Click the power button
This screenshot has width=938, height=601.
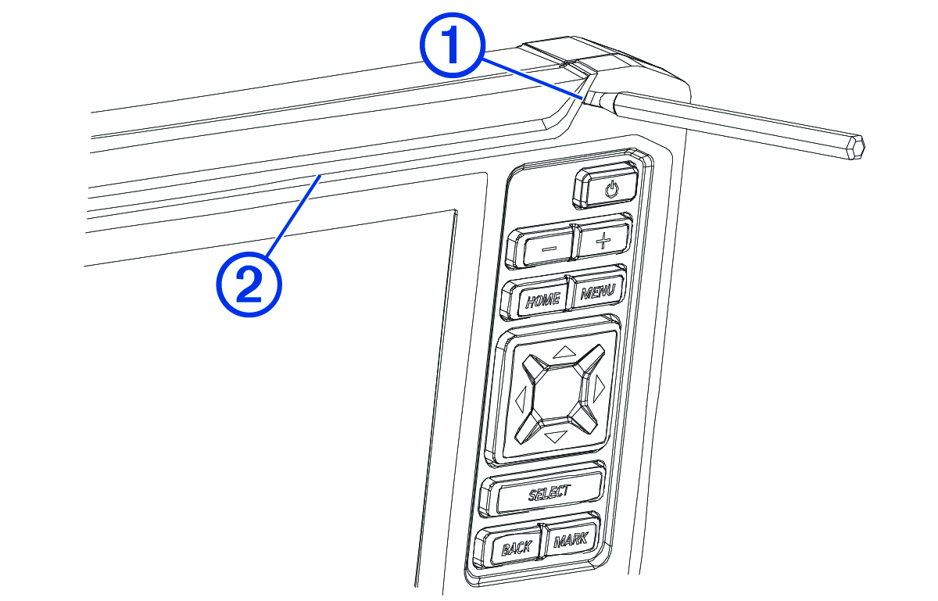click(607, 185)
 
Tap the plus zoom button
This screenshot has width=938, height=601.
click(603, 240)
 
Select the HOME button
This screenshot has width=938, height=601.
click(538, 299)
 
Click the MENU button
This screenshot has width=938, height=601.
click(596, 289)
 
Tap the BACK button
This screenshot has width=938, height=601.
click(510, 546)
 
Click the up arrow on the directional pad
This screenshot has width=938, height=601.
click(562, 352)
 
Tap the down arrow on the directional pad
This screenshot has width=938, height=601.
click(556, 436)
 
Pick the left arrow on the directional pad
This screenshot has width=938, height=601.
click(520, 399)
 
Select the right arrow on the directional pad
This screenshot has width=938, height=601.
click(600, 388)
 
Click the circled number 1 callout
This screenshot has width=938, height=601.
click(453, 45)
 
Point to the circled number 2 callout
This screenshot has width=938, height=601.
click(249, 284)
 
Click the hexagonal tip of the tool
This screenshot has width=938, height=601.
click(856, 148)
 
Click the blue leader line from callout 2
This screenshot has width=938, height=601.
click(294, 216)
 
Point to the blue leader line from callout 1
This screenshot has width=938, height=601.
click(532, 80)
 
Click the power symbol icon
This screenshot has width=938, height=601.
click(611, 190)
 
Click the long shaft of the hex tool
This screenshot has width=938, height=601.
click(733, 124)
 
